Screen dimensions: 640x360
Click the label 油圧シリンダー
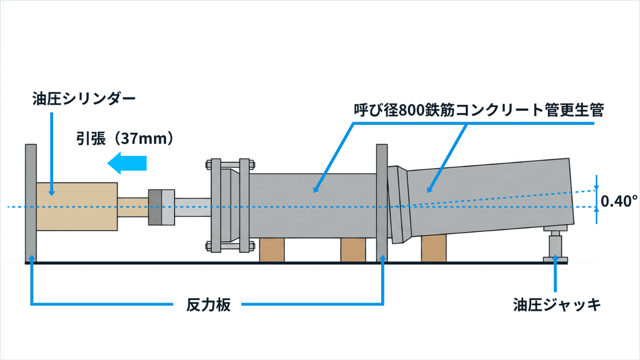(84, 99)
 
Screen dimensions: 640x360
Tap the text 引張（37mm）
(125, 139)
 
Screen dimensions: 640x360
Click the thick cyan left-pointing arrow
(127, 163)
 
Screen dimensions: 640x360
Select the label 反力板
(208, 305)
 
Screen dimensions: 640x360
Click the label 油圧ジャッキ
(557, 305)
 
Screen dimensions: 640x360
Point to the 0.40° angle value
(619, 201)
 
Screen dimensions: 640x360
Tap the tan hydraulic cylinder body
(77, 206)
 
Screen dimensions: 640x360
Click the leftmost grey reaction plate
(31, 203)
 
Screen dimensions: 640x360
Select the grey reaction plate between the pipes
(382, 203)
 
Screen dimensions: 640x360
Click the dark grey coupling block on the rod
(155, 207)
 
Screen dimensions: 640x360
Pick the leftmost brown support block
(272, 250)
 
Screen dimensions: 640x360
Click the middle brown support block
(353, 250)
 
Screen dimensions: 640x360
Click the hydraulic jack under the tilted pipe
(555, 244)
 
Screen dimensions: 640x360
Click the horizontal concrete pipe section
(313, 206)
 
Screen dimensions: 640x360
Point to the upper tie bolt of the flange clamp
(230, 165)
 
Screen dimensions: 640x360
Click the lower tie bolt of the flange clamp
(230, 246)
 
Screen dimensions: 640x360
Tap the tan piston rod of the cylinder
(133, 207)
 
